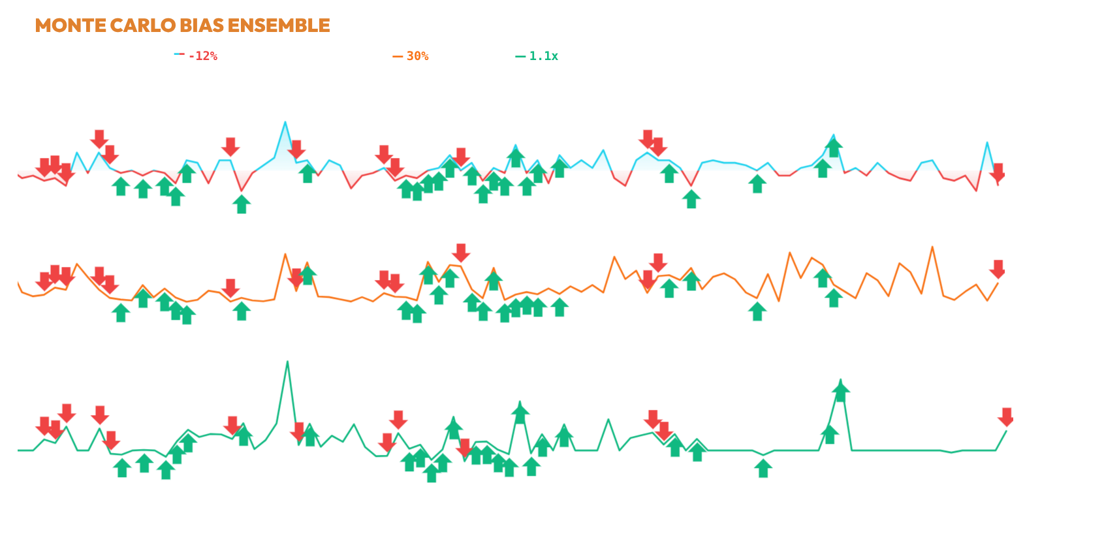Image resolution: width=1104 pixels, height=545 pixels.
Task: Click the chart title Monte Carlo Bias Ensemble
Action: (x=182, y=25)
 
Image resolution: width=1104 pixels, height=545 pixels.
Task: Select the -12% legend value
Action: (x=202, y=56)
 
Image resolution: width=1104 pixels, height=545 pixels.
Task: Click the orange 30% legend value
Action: (x=417, y=56)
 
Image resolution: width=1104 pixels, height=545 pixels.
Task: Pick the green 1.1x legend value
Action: (x=543, y=56)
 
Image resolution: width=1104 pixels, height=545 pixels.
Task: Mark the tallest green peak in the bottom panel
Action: (x=287, y=362)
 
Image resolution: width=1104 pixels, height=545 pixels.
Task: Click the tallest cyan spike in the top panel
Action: (x=285, y=122)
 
